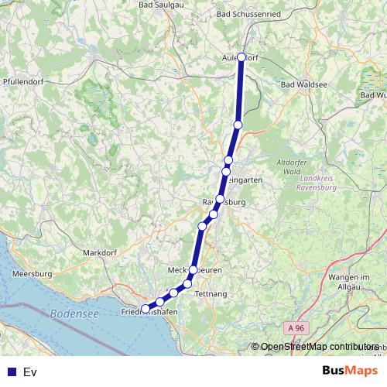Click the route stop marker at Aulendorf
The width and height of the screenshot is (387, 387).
241,57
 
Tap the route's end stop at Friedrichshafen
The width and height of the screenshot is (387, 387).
145,308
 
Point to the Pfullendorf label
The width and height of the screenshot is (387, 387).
22,80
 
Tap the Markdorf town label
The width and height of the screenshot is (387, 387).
98,252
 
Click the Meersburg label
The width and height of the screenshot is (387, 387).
32,273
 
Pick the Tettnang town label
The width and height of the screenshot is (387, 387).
211,294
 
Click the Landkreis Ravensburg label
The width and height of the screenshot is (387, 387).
317,183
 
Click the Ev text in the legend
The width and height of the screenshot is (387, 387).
30,372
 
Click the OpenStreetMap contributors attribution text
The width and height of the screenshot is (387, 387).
319,347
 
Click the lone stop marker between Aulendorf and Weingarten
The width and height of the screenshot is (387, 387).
238,125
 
